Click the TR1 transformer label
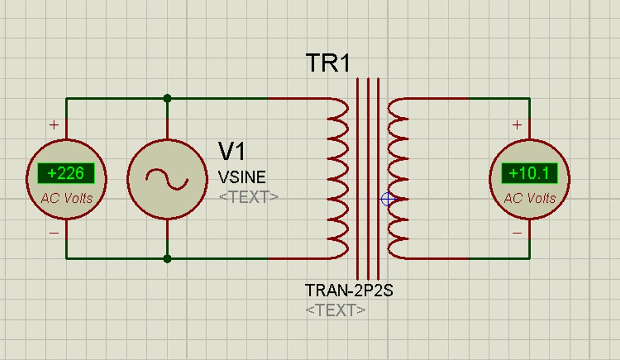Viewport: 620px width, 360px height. [x=328, y=62]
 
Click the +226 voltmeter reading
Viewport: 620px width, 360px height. [x=65, y=173]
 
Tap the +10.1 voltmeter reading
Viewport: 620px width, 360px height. [x=529, y=173]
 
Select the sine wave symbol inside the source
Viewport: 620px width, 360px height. [x=167, y=178]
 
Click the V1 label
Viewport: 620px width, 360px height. [x=232, y=151]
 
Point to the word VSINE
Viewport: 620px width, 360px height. [x=241, y=177]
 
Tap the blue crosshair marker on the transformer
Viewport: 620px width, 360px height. [x=388, y=199]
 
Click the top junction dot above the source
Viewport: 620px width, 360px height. [x=167, y=99]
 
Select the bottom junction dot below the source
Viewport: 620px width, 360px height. [x=167, y=259]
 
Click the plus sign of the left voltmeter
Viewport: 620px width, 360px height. [x=54, y=124]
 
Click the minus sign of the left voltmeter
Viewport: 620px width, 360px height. [x=54, y=233]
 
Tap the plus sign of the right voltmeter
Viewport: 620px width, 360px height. [x=517, y=124]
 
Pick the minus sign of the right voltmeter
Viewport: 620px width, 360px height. [x=517, y=233]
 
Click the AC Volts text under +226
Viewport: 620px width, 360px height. [x=66, y=198]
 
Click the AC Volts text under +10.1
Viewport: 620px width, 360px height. [x=529, y=198]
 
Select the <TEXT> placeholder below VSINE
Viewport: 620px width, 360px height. [x=248, y=197]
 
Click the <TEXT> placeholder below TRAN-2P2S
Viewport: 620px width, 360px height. [x=336, y=310]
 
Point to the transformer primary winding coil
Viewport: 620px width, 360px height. [x=338, y=178]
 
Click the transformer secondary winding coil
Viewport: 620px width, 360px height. [x=398, y=178]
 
